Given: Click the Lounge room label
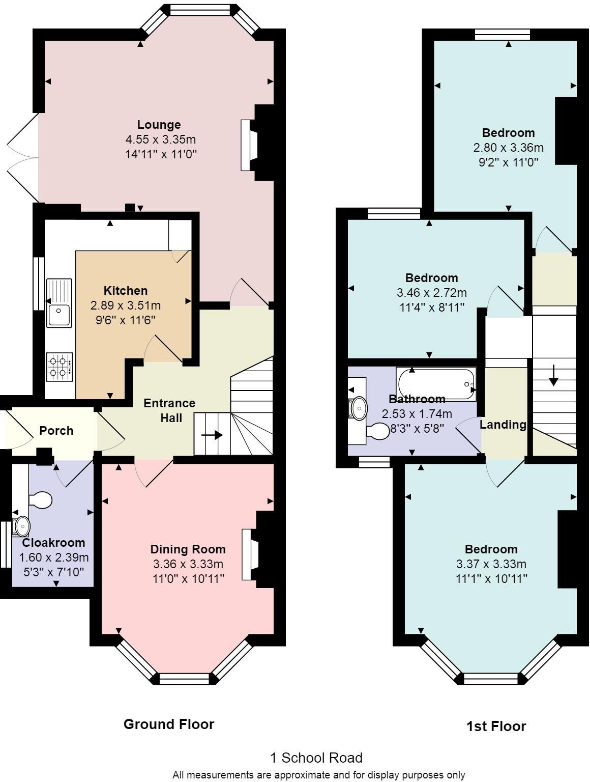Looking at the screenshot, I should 159,125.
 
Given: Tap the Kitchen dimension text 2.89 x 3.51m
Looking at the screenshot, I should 125,305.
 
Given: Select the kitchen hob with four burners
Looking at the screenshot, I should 60,367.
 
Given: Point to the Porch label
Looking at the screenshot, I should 56,431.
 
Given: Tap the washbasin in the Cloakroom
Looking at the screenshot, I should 22,525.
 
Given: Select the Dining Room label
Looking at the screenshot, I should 188,549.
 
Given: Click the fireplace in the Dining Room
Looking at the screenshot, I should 250,554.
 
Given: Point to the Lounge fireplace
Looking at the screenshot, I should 249,145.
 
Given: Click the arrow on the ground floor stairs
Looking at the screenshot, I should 212,435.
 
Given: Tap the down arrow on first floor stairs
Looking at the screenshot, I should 554,375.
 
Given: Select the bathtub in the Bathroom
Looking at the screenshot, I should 436,384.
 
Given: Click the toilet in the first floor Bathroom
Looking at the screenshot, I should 377,432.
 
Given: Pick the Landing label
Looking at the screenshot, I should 503,425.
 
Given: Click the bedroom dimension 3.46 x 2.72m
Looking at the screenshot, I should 431,293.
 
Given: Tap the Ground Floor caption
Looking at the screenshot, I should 169,724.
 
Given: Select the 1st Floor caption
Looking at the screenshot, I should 496,726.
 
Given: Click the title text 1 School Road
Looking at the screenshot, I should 316,758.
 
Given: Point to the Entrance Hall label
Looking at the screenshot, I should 169,410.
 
